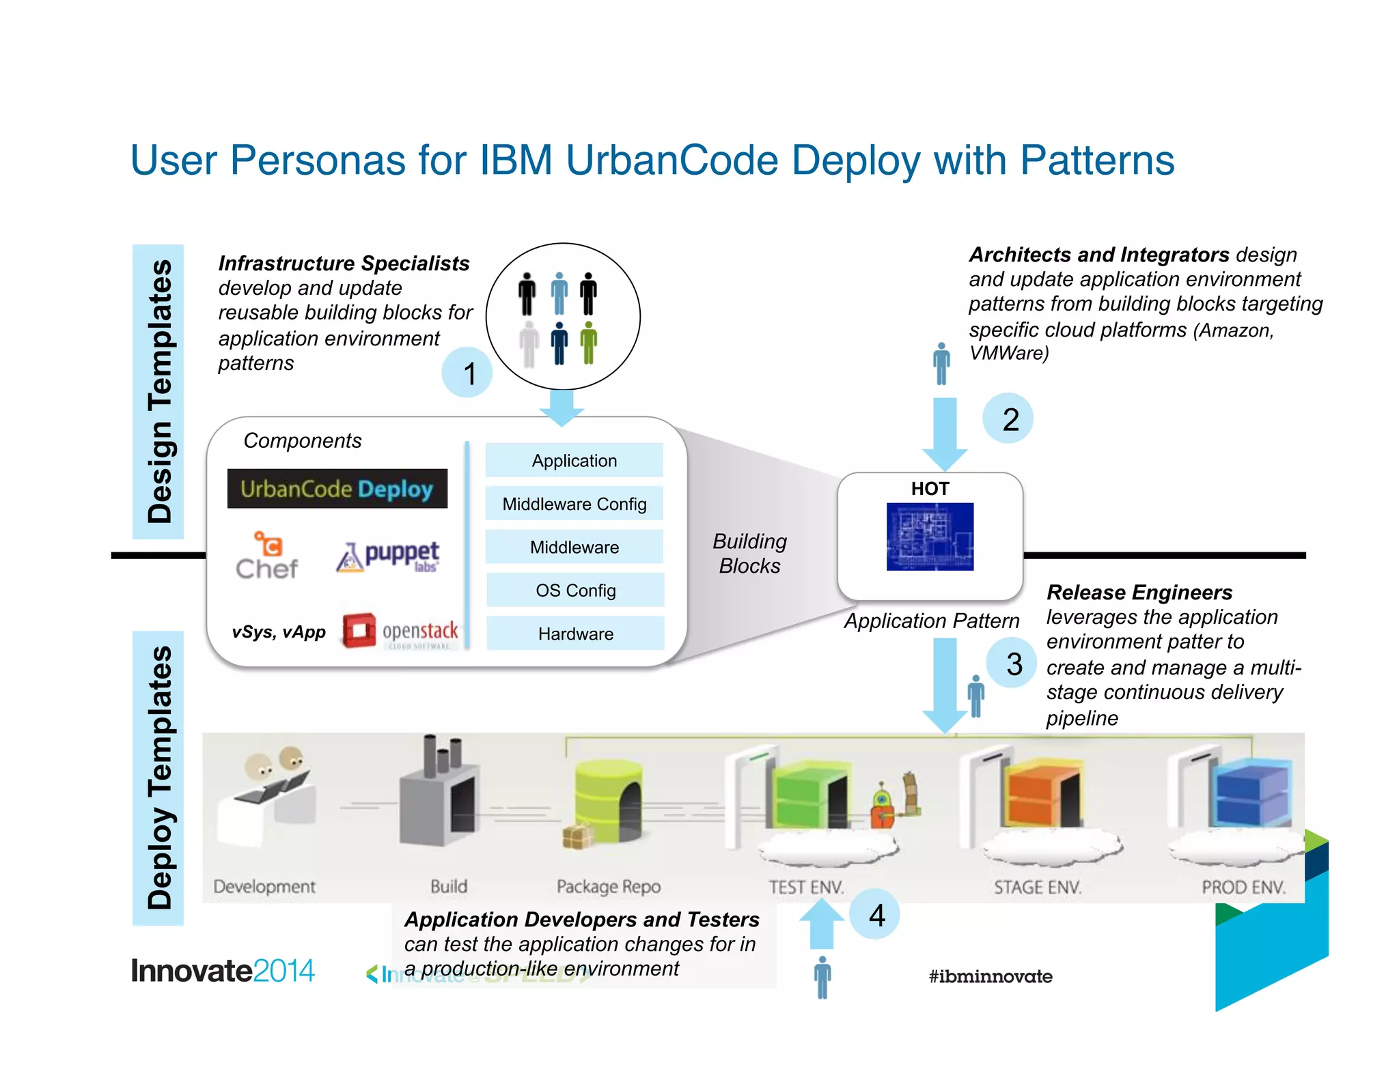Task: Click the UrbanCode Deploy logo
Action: (x=337, y=489)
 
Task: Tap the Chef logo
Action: (x=267, y=556)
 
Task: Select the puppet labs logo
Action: (x=388, y=556)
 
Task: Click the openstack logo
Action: (x=400, y=631)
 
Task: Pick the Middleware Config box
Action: (x=574, y=504)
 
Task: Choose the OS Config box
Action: (x=575, y=590)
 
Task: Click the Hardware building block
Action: (x=575, y=634)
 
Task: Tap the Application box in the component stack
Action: (x=574, y=461)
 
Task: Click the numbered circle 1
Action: (x=468, y=373)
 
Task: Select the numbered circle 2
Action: (x=1010, y=418)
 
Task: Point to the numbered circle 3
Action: (x=1013, y=664)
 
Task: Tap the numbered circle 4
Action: (x=876, y=915)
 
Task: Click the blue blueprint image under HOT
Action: (x=930, y=537)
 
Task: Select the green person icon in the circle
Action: (x=588, y=343)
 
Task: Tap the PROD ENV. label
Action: (x=1243, y=887)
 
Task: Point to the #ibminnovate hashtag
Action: (x=991, y=976)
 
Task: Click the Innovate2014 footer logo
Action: (x=223, y=971)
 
